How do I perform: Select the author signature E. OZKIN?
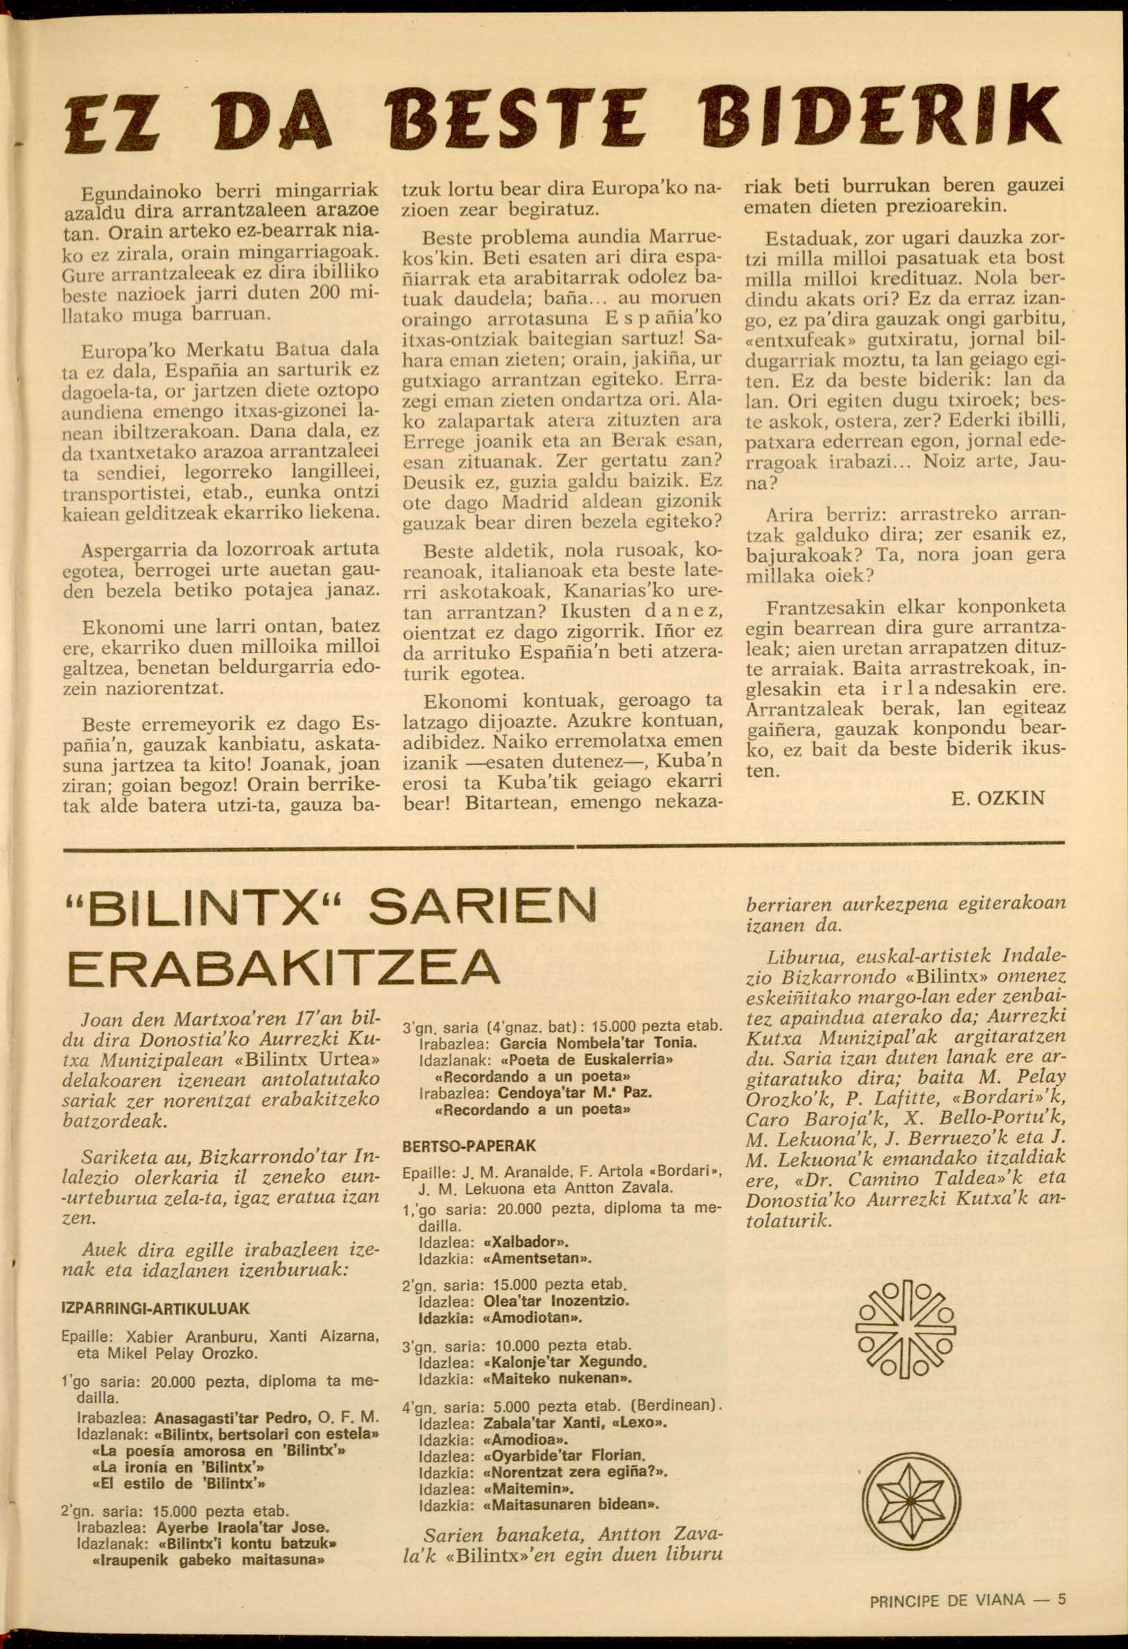(x=998, y=797)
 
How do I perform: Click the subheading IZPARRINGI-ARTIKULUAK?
(x=156, y=1309)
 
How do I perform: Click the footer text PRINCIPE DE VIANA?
(x=946, y=1580)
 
